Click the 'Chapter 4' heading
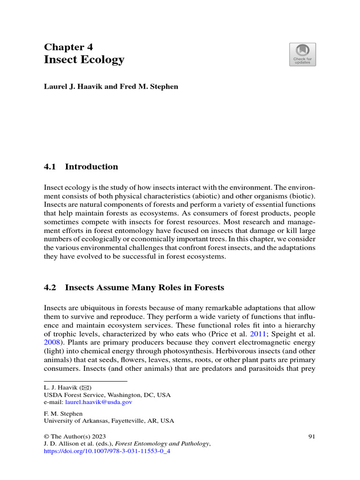[x=68, y=46]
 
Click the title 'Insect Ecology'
[x=84, y=60]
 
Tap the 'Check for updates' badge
[x=302, y=54]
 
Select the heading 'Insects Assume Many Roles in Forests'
[x=144, y=288]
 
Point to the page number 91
[x=312, y=437]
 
